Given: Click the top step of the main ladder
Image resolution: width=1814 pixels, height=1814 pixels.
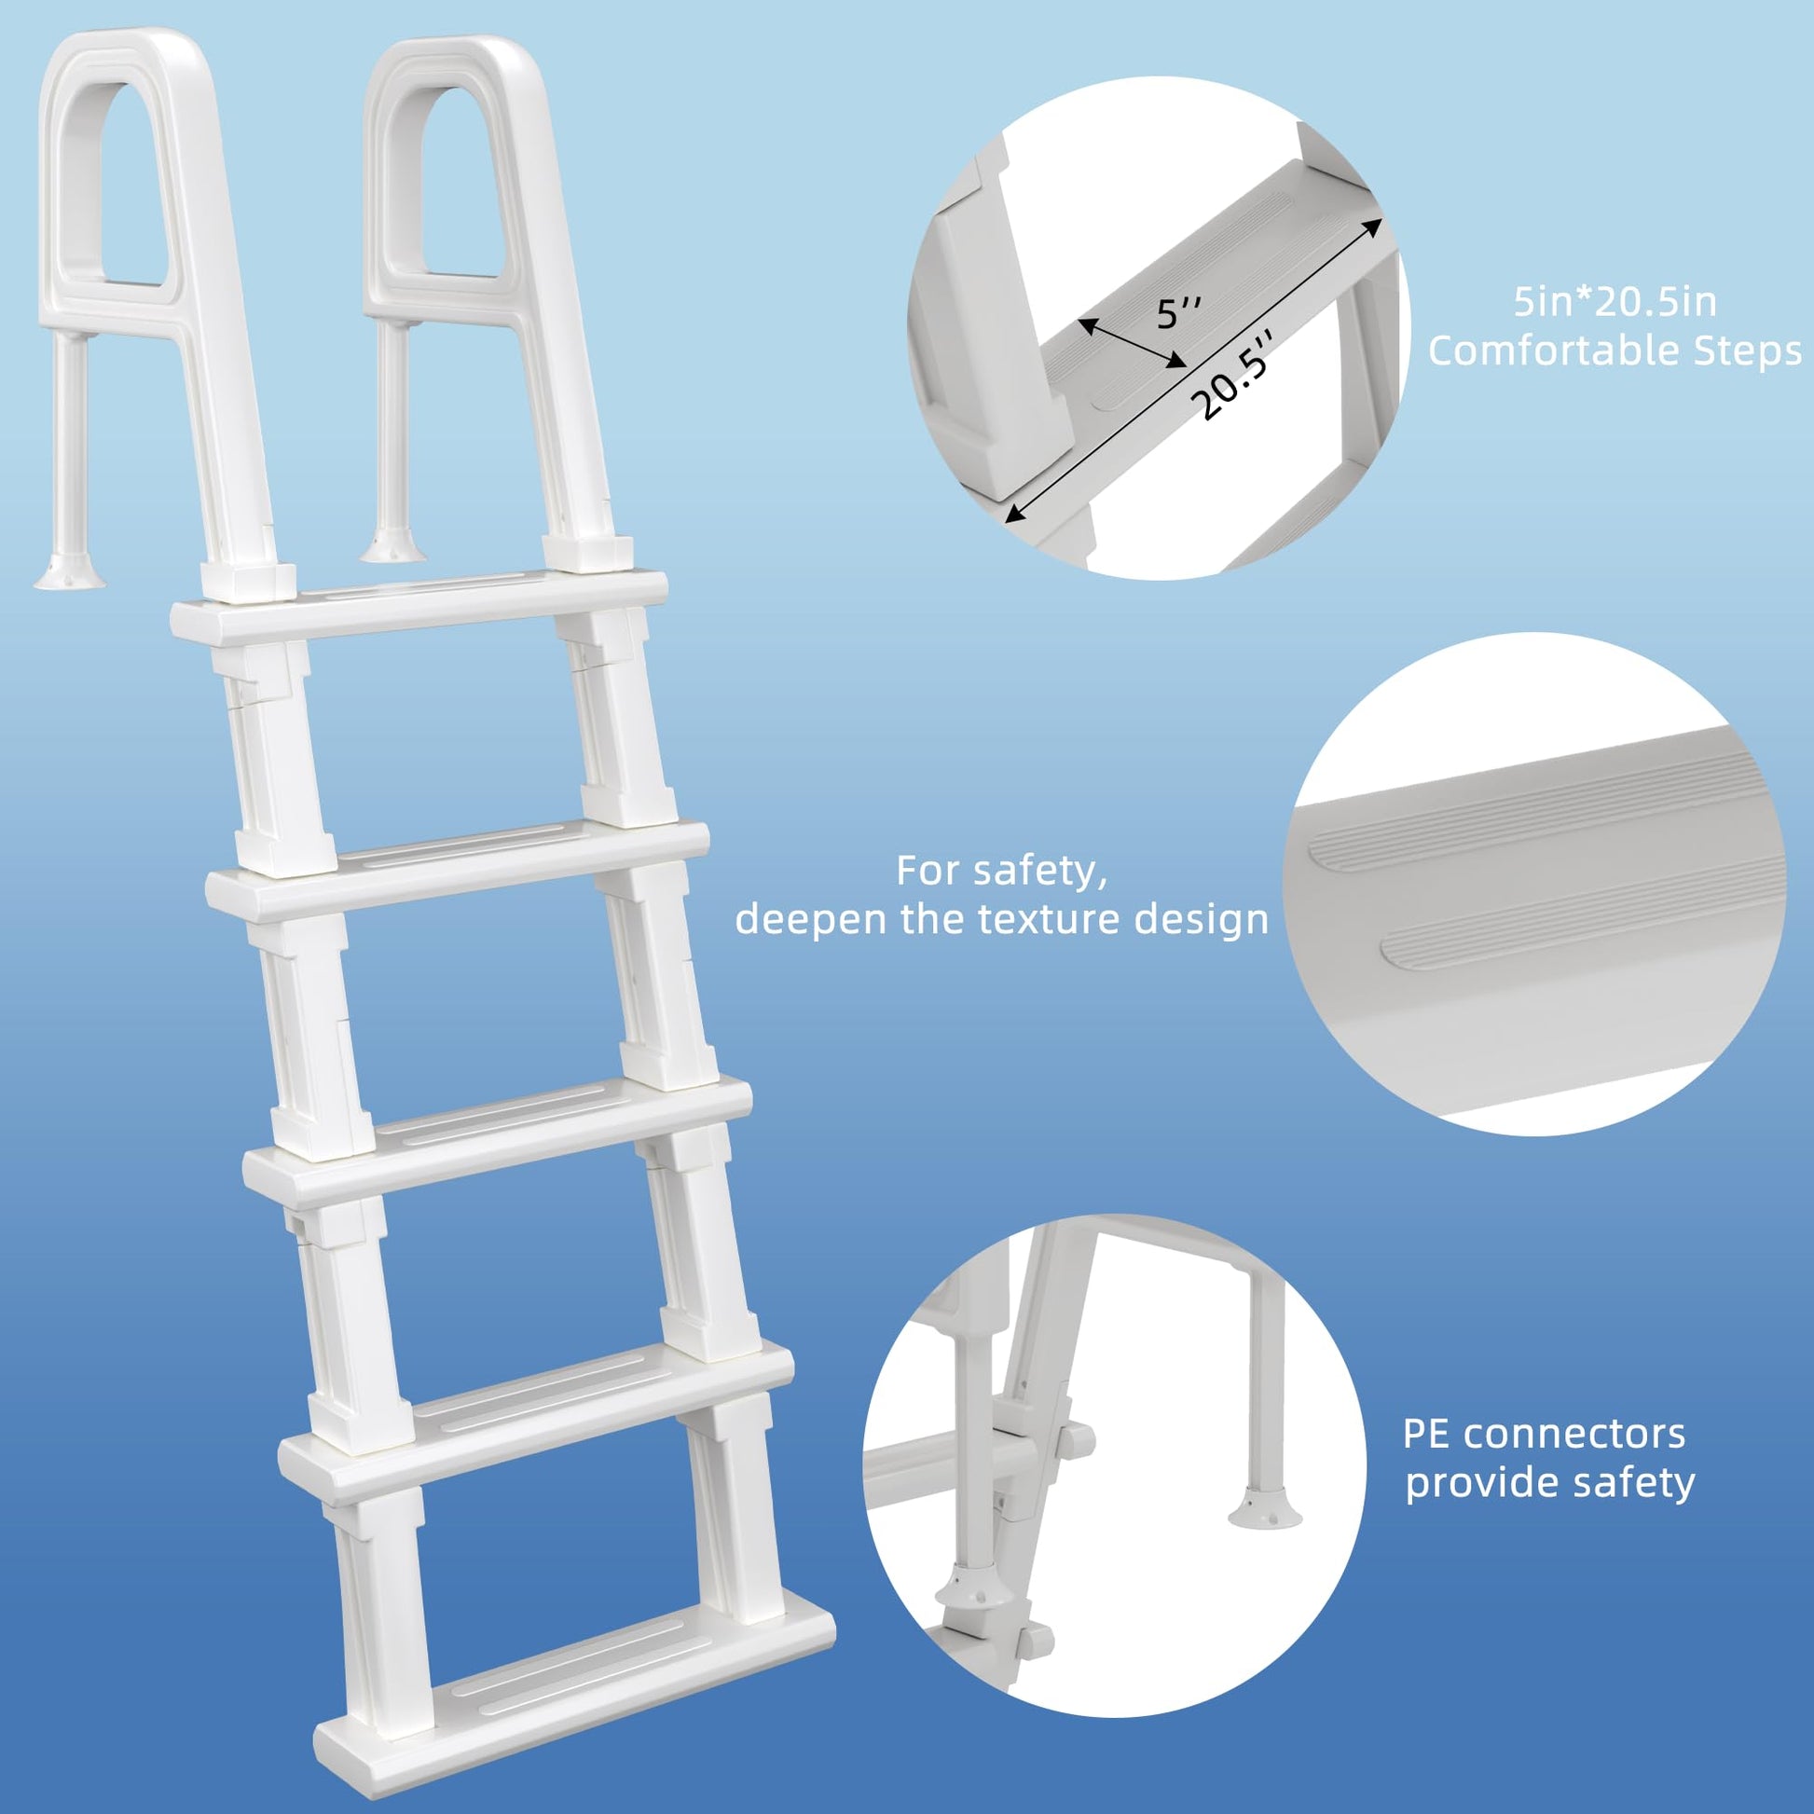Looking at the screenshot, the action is coord(419,607).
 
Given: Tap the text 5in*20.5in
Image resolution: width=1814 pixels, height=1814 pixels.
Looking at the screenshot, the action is coord(1615,302).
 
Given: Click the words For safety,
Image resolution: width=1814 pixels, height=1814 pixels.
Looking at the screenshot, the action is coord(1002,871).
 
